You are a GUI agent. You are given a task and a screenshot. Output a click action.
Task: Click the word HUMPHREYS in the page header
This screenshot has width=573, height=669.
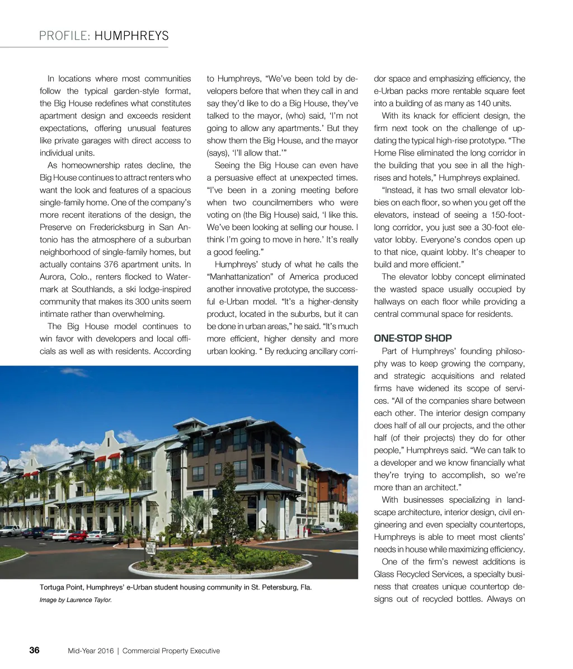(131, 36)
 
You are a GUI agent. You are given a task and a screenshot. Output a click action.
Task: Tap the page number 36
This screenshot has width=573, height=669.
(34, 650)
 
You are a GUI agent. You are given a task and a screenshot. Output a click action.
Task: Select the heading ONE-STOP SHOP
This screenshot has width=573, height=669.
(412, 338)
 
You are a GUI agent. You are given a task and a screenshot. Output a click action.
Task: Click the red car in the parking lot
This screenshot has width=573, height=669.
(78, 535)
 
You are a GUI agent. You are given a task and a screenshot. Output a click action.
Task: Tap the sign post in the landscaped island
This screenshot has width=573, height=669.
(150, 551)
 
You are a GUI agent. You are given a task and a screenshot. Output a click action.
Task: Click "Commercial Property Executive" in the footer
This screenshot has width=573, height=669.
(171, 651)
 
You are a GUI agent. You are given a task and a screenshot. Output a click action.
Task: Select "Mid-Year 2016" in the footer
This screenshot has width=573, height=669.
(91, 651)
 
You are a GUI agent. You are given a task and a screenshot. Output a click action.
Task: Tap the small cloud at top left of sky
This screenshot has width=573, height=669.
(73, 371)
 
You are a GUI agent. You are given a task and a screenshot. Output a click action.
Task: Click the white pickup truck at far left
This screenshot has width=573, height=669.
(10, 530)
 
